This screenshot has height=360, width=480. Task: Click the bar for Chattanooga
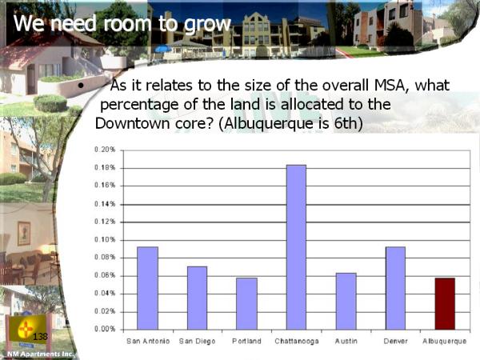[296, 247]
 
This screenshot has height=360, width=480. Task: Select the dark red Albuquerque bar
[445, 304]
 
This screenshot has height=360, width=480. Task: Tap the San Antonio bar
[147, 288]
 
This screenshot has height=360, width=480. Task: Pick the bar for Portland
[246, 304]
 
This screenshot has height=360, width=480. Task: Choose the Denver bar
[395, 288]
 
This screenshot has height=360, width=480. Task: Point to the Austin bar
[346, 302]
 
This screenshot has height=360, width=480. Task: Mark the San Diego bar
[197, 298]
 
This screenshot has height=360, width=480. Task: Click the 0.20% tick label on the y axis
[105, 150]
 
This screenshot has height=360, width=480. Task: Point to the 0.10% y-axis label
[105, 240]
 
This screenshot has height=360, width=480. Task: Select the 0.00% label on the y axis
[105, 329]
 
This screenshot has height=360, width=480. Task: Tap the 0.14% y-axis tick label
[105, 204]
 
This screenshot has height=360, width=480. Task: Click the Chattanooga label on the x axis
[297, 341]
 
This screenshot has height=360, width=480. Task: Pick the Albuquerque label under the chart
[445, 342]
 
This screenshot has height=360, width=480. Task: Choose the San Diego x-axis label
[197, 342]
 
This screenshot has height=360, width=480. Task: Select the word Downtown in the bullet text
[133, 123]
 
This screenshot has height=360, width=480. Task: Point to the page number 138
[40, 337]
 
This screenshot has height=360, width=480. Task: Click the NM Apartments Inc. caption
[41, 354]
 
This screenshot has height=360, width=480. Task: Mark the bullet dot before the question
[81, 86]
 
